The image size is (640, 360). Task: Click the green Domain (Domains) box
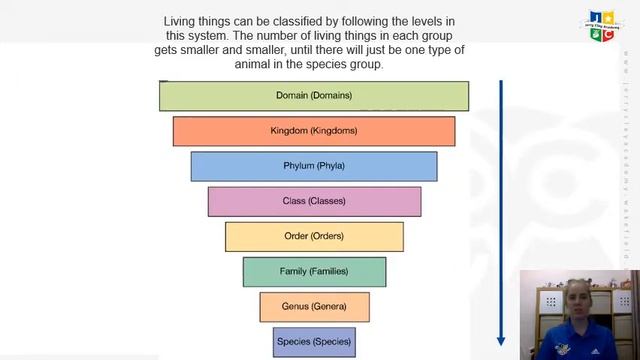(x=313, y=96)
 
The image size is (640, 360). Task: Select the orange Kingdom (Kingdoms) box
(x=313, y=131)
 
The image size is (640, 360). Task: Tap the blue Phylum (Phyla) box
(x=313, y=166)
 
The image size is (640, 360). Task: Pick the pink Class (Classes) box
(x=313, y=201)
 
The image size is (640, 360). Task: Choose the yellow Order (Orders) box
(x=313, y=236)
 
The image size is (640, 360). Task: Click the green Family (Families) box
(x=313, y=271)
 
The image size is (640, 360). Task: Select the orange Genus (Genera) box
(x=314, y=306)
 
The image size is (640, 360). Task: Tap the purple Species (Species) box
(x=314, y=341)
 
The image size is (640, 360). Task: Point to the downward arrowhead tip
(x=501, y=343)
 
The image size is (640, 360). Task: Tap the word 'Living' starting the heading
(x=182, y=21)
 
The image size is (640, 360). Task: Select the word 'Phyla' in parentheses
(x=331, y=166)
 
